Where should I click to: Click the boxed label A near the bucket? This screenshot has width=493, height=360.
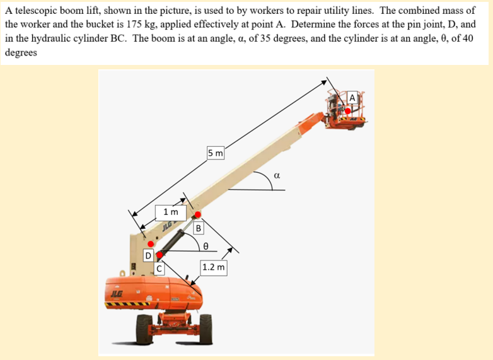(352, 98)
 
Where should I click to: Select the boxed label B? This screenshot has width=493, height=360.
(198, 228)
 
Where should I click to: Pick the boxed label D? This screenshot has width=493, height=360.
(148, 256)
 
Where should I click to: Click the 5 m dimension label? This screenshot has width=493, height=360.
(216, 153)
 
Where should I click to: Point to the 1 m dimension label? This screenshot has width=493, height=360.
(170, 212)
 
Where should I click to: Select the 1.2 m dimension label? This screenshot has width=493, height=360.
(214, 267)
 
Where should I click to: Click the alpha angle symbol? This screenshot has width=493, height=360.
(276, 176)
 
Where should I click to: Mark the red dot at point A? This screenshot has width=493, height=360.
(347, 110)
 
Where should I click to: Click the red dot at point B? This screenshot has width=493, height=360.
(197, 214)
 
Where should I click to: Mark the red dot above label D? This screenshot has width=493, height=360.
(151, 243)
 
